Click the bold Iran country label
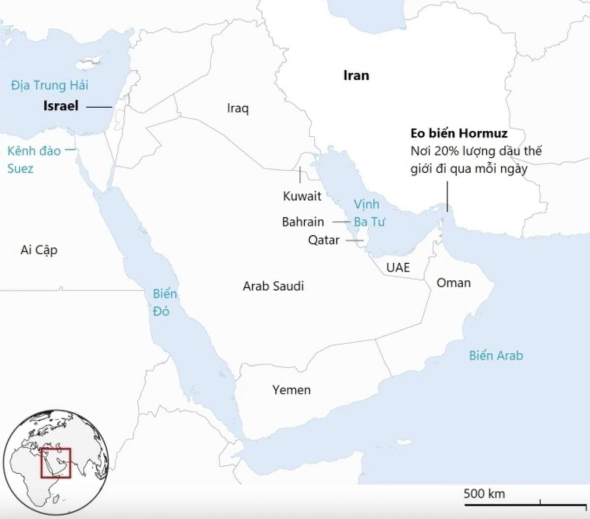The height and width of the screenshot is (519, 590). tap(356, 76)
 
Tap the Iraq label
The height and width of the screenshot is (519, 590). tap(237, 108)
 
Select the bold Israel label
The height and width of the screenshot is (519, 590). tap(61, 106)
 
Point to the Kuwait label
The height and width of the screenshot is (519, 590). tap(302, 196)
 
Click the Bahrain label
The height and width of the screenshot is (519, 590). tap(303, 222)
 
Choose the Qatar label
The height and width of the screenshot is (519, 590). tap(324, 240)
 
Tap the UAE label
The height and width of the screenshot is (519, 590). tap(398, 268)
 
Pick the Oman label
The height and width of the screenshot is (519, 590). tap(453, 283)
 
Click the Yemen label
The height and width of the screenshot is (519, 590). tap(292, 390)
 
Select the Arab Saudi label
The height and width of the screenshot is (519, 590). tap(273, 286)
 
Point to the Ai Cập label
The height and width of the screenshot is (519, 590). tap(39, 250)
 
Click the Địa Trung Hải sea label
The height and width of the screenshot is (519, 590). tap(50, 86)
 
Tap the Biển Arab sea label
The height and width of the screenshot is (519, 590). tap(496, 355)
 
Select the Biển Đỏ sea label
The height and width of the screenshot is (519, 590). tap(164, 302)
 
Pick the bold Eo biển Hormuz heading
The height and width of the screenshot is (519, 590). tap(459, 133)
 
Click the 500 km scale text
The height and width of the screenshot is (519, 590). tap(484, 493)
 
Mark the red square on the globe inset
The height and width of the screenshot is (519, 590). tap(56, 463)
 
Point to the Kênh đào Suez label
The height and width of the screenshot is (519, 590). tap(33, 159)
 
